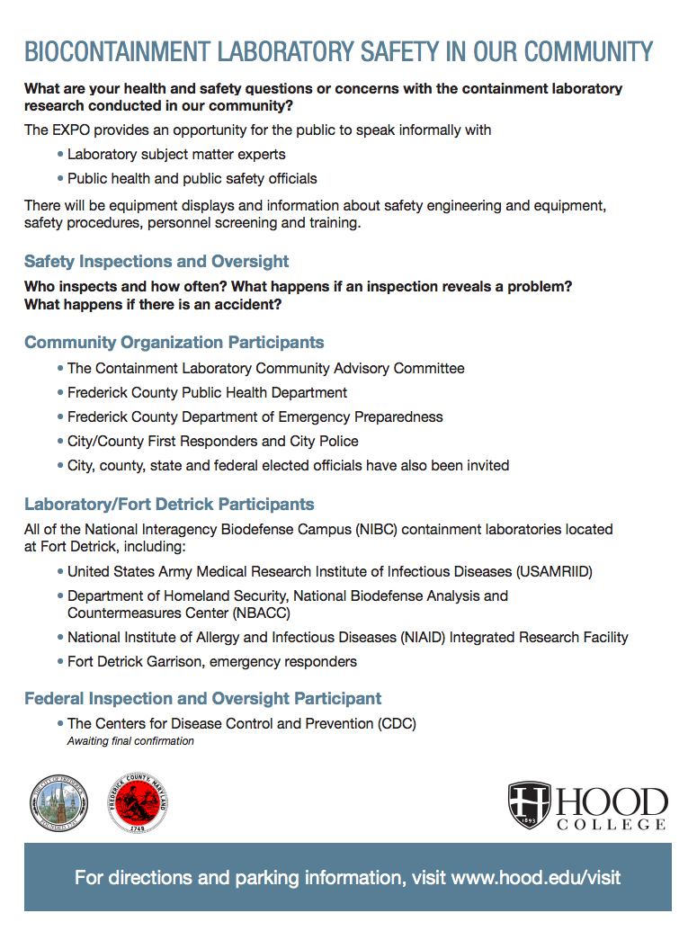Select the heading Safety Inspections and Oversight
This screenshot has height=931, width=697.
pos(156,262)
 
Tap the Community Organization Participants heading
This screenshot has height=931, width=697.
pos(174,343)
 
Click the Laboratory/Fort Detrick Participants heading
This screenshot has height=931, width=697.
pos(169,504)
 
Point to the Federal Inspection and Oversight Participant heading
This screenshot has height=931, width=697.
pos(202,699)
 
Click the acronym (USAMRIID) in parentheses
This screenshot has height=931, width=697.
pos(554,572)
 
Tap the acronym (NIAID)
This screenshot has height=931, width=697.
pos(421,638)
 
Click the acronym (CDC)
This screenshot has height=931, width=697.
pos(397,724)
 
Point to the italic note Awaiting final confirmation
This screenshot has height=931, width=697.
pos(130,741)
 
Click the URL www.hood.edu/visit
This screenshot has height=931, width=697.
pos(536,877)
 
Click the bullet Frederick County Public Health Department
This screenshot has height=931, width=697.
pos(207,393)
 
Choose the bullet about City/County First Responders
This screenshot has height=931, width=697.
pos(212,442)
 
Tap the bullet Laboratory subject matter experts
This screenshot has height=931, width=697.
pos(176,155)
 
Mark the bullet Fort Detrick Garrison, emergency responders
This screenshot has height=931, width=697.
pos(211,662)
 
